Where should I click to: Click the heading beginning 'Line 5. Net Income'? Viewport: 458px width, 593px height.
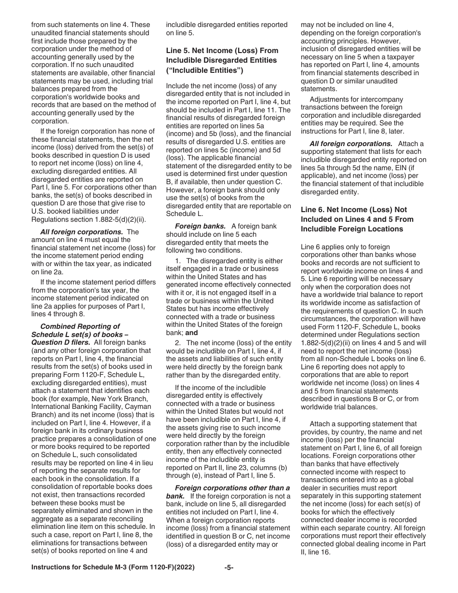[222, 51]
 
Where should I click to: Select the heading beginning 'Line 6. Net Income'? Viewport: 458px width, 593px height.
[353, 210]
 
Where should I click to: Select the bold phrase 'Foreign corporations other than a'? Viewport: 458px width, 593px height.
[232, 487]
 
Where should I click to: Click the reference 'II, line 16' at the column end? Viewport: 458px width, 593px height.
[319, 552]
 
